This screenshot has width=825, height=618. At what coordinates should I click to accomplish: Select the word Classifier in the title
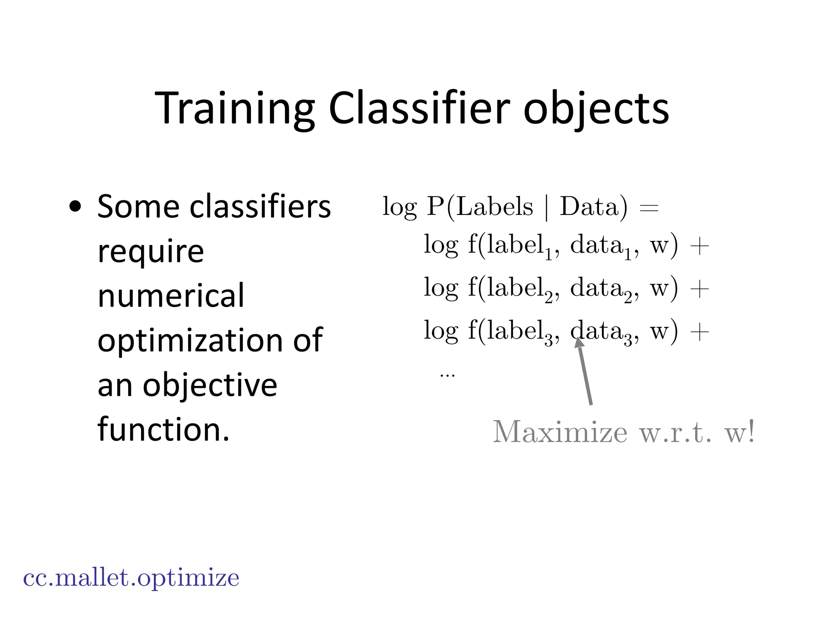[419, 109]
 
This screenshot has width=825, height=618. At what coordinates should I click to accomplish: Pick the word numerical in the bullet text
[171, 295]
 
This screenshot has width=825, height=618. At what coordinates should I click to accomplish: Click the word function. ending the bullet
[163, 429]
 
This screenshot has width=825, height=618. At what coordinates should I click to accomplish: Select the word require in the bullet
[151, 252]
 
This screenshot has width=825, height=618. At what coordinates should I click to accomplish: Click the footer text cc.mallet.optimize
[131, 578]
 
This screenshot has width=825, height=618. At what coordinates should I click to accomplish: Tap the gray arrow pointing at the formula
[585, 372]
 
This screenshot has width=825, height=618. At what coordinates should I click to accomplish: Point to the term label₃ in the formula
[520, 332]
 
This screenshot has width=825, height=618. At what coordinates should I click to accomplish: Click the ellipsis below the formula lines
[447, 375]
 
